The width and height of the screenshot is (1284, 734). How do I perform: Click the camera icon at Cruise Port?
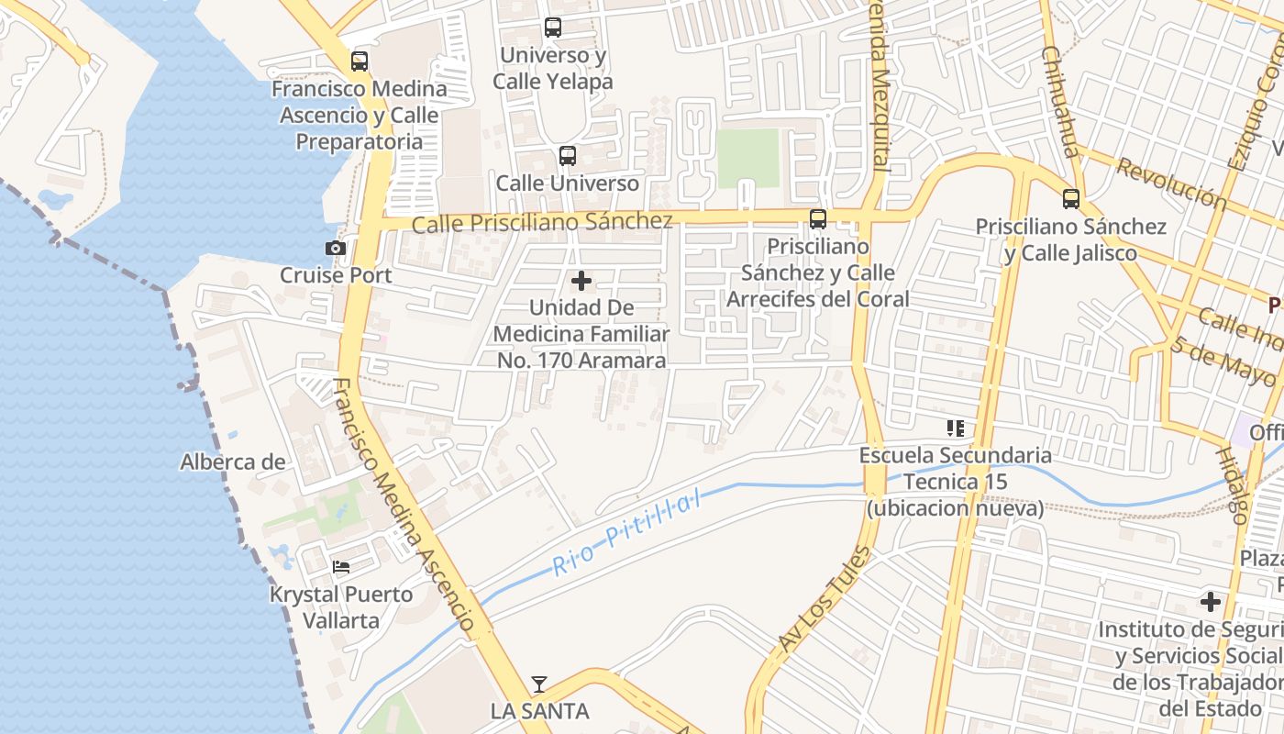tap(336, 248)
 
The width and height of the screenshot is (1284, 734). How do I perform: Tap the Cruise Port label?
tap(336, 275)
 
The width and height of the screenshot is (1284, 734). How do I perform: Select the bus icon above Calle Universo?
tap(568, 156)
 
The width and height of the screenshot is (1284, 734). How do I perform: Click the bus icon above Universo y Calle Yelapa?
tap(552, 28)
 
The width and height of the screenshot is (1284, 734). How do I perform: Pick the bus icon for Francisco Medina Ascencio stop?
tap(360, 61)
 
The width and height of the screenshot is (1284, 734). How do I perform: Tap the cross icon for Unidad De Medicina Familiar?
tap(581, 280)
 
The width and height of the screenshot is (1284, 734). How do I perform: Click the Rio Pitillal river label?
tap(626, 532)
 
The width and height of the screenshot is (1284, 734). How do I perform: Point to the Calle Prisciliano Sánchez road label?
tap(542, 222)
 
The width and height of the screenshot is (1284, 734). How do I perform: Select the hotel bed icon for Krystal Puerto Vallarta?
tap(341, 567)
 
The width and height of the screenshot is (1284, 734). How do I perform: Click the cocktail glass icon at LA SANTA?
tap(539, 684)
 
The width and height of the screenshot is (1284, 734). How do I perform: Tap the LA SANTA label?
tap(539, 711)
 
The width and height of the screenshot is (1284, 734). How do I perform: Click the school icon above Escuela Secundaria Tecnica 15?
tap(956, 428)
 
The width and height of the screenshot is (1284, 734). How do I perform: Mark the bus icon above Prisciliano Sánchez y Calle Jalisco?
tap(1070, 199)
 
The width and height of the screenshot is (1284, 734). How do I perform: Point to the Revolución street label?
tap(1171, 183)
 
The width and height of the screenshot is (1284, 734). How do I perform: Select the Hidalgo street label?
tap(1231, 485)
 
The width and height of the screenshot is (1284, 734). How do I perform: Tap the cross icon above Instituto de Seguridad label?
tap(1211, 602)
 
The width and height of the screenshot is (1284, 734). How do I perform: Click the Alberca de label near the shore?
tap(233, 462)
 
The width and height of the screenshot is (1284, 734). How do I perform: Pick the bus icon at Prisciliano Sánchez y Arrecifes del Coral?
tap(817, 219)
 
